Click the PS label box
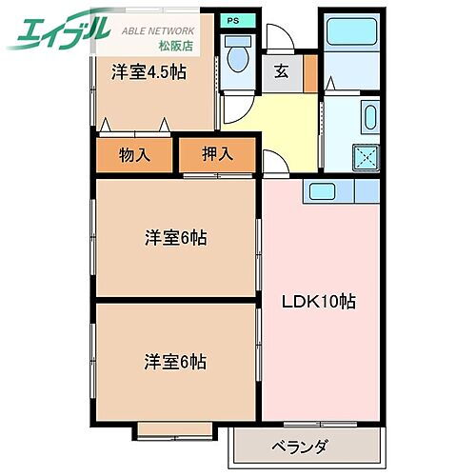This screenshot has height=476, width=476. click(x=232, y=19)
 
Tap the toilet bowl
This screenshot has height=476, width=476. click(x=236, y=58)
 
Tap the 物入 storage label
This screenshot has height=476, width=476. click(x=135, y=153)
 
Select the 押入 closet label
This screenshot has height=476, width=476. click(x=218, y=153)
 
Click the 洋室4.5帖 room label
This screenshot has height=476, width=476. click(x=148, y=71)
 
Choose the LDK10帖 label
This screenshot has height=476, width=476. click(x=318, y=302)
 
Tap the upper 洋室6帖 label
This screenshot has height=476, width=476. click(x=175, y=238)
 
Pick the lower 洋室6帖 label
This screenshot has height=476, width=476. click(x=175, y=362)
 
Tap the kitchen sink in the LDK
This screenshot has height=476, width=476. click(x=320, y=190)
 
